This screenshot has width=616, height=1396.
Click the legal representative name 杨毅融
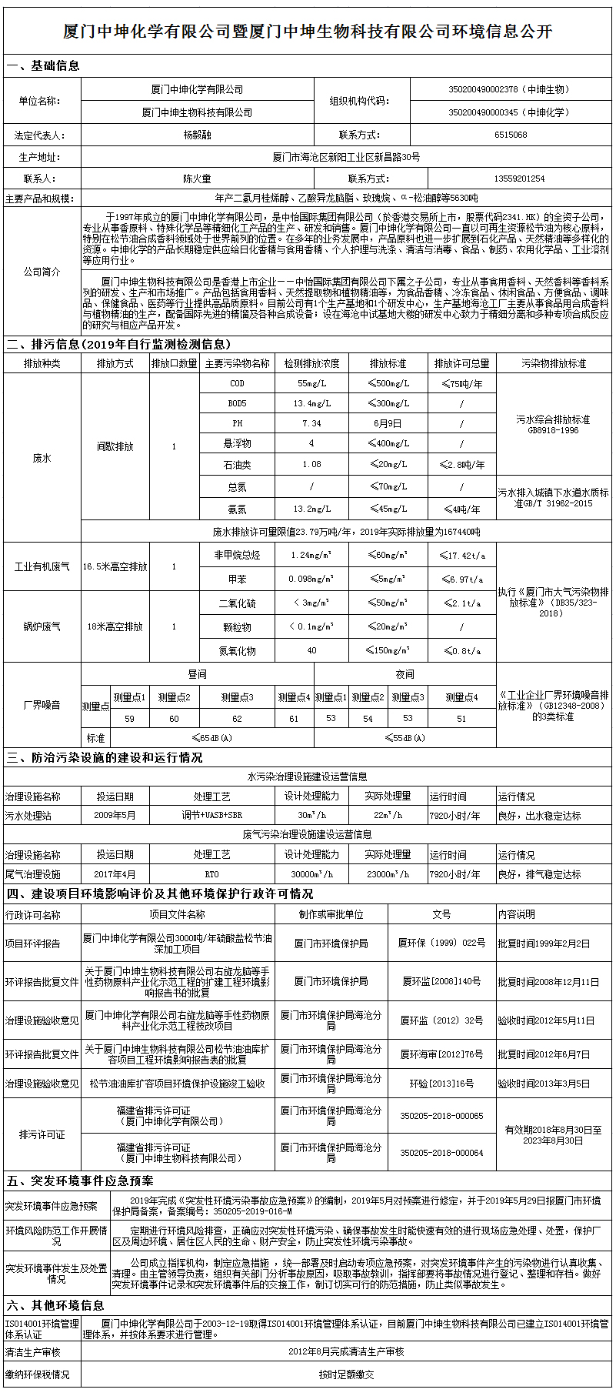(197, 135)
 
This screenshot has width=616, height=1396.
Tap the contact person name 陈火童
(197, 179)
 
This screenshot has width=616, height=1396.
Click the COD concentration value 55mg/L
(311, 383)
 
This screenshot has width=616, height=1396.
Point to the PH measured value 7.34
(311, 423)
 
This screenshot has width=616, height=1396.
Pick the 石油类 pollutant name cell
(237, 465)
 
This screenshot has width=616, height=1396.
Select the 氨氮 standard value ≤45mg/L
(387, 509)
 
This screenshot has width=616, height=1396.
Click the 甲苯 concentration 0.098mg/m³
(311, 579)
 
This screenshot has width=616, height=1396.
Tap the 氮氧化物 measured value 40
(311, 650)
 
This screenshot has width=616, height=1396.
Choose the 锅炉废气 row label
(42, 626)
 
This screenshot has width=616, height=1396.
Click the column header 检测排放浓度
(311, 363)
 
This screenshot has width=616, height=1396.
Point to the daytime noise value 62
(237, 718)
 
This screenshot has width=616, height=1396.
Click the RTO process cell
(211, 874)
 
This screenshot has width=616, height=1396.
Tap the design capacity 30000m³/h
(311, 874)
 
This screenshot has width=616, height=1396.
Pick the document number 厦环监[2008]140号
(441, 981)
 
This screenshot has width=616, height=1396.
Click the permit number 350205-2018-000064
(441, 1153)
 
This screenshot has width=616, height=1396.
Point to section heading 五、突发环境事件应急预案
(80, 1181)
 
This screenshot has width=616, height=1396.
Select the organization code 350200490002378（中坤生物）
(510, 90)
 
